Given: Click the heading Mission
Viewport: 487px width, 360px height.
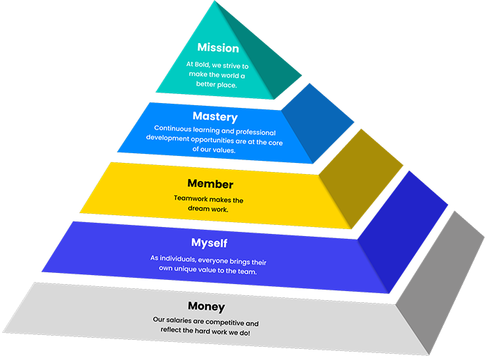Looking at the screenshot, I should [218, 48].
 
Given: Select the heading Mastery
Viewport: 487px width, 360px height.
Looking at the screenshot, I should [215, 117].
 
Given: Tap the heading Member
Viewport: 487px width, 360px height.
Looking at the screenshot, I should [210, 185].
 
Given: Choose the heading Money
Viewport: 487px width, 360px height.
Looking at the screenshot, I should [206, 306].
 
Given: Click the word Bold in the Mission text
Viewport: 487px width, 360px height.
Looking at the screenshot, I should [205, 63].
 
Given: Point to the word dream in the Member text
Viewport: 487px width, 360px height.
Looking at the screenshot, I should [198, 209].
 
